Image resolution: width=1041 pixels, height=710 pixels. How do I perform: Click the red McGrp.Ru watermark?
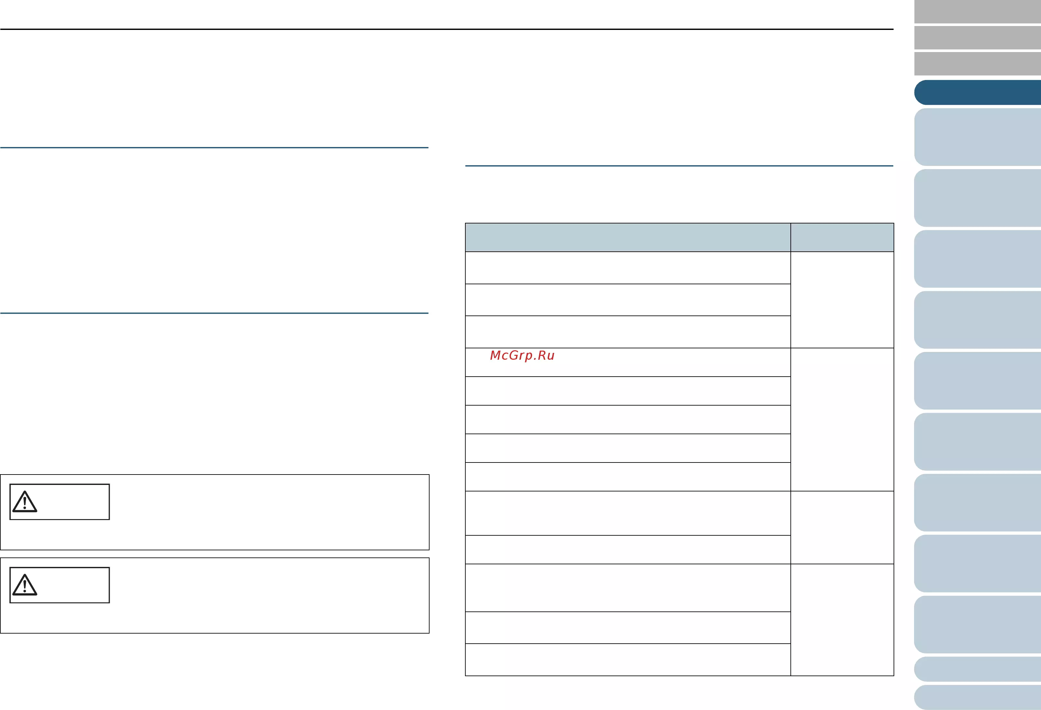click(522, 355)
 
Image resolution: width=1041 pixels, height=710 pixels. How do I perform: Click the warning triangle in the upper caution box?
click(25, 502)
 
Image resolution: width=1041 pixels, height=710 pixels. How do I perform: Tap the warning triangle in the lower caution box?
click(25, 585)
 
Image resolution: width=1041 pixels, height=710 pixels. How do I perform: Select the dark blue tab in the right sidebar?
click(978, 93)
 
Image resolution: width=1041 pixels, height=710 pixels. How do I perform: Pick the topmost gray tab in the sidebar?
click(978, 12)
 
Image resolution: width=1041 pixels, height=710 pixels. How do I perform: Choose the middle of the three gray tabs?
click(978, 38)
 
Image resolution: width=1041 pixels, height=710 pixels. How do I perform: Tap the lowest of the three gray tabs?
click(978, 63)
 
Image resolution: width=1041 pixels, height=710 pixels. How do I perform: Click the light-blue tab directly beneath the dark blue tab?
click(978, 137)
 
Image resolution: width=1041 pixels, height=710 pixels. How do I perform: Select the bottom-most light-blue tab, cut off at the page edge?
click(978, 697)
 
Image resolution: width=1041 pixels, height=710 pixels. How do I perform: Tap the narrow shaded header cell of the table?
click(842, 237)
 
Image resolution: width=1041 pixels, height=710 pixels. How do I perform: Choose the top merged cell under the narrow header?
click(842, 300)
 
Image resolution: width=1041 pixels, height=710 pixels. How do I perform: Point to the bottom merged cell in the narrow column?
click(842, 620)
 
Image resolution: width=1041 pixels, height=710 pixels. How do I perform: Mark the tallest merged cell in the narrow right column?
click(842, 420)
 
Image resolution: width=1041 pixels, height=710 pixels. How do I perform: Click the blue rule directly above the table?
click(679, 166)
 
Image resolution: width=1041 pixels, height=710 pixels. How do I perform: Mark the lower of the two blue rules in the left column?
click(214, 313)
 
